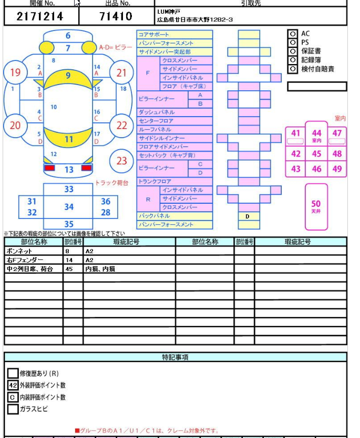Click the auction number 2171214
click(40, 16)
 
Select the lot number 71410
click(115, 16)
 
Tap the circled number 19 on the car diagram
click(15, 73)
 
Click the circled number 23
click(122, 161)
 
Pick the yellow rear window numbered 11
click(69, 139)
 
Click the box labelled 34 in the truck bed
click(69, 207)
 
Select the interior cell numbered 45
click(316, 154)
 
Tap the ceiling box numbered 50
click(316, 206)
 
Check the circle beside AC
click(292, 34)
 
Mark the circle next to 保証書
click(292, 51)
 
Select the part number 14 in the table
click(73, 260)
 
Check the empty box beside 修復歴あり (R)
click(13, 373)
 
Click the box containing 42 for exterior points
click(13, 385)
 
